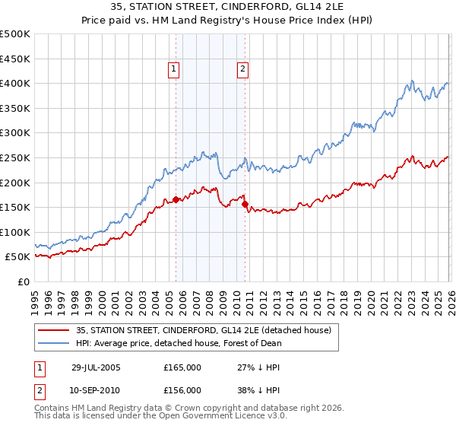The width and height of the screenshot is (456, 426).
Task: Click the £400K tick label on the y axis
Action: (x=15, y=83)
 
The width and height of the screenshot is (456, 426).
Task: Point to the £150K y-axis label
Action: (x=15, y=207)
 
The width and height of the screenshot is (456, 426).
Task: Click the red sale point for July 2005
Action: (x=176, y=200)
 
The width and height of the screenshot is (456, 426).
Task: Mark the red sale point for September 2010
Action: (x=245, y=204)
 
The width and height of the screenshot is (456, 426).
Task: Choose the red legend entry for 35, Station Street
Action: (x=203, y=330)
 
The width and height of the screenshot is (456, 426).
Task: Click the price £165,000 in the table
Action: (x=182, y=367)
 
